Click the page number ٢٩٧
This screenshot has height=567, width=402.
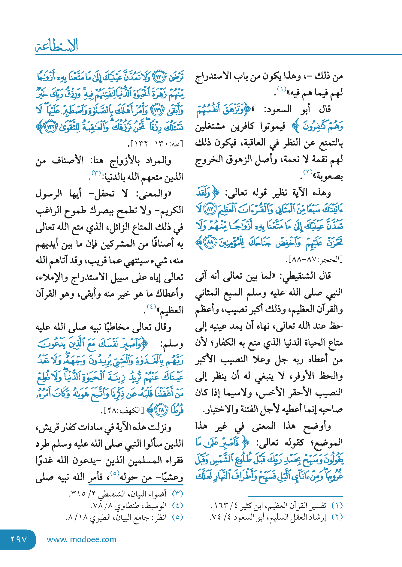19,539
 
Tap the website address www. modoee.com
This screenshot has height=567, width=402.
81,539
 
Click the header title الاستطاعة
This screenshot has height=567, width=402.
57,46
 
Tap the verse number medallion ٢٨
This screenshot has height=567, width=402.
161,410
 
